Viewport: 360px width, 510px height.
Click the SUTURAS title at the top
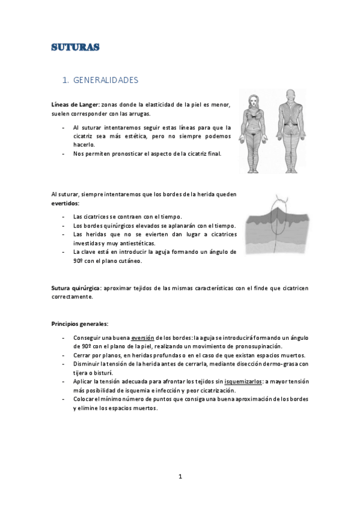[75, 48]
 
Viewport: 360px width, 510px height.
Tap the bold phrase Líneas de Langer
[75, 105]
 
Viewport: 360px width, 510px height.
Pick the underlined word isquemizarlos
[243, 381]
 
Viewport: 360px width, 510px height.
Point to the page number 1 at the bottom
[180, 476]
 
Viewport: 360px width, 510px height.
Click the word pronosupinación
[252, 346]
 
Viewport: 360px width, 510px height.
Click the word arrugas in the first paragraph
[139, 114]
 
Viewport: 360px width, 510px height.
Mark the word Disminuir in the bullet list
[88, 364]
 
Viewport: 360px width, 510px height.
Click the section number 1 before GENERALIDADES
[66, 79]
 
